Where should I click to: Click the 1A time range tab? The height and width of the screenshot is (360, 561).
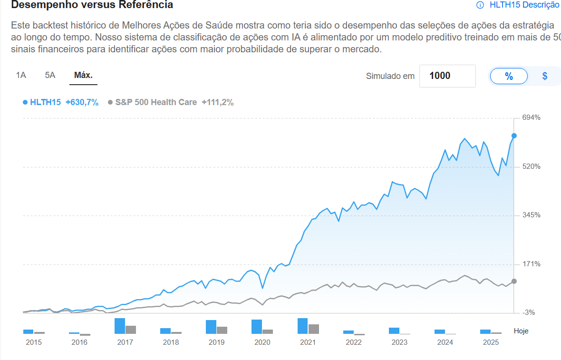coord(21,75)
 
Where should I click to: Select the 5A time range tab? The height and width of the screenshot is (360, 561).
coord(50,75)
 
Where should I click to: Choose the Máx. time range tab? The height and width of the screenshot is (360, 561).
coord(83,75)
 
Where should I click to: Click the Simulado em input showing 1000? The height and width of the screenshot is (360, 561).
coord(447,76)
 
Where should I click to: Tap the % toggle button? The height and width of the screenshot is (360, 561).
coord(509,76)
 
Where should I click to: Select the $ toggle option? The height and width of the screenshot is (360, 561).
coord(545,76)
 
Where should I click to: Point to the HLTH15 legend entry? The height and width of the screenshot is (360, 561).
coord(45,102)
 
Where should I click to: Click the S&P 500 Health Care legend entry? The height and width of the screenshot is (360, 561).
coord(155,102)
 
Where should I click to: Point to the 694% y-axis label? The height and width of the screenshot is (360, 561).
coord(532,117)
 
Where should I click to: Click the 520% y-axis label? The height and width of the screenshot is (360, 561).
coord(532,166)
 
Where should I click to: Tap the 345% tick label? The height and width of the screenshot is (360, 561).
coord(532,215)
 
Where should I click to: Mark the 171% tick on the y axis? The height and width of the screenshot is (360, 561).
coord(532,264)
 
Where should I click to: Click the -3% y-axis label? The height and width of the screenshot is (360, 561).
coord(529,312)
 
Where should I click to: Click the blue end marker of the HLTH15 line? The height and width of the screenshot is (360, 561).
coord(514,136)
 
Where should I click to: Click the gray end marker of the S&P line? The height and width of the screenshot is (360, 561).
coord(514,281)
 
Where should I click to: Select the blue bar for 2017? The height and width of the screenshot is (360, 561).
coord(119,326)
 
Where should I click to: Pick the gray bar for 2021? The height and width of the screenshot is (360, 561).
coord(313,329)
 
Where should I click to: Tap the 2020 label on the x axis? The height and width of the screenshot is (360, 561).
coord(262,342)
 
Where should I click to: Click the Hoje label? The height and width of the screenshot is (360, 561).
coord(521,331)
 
